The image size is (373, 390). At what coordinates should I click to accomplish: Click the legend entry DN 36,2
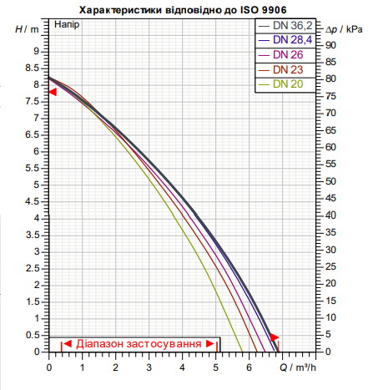[x=285, y=26]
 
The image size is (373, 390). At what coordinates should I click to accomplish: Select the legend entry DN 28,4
[x=285, y=40]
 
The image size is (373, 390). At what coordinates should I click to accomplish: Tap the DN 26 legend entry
[x=280, y=55]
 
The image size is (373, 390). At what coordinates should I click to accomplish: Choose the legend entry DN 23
[x=280, y=69]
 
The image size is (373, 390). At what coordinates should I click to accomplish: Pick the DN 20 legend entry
[x=280, y=84]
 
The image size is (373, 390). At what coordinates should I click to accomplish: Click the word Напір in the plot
[x=67, y=24]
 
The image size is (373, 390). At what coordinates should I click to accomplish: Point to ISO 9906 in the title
[x=263, y=10]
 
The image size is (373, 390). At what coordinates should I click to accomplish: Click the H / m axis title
[x=27, y=29]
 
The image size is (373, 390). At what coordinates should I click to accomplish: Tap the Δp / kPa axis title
[x=344, y=29]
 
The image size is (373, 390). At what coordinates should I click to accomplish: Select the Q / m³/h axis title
[x=298, y=367]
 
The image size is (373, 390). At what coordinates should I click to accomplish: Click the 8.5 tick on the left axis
[x=33, y=68]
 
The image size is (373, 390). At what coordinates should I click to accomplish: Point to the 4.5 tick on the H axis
[x=33, y=201]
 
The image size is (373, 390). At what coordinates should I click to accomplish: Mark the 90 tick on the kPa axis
[x=330, y=45]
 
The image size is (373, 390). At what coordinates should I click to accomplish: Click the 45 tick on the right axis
[x=330, y=198]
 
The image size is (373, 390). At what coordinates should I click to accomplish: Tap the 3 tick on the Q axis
[x=149, y=367]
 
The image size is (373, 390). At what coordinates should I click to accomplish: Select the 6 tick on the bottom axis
[x=249, y=367]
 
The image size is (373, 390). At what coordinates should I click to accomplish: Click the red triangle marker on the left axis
[x=53, y=92]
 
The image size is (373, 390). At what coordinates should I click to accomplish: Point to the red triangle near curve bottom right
[x=275, y=337]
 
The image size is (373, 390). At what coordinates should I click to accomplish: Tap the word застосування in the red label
[x=164, y=344]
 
